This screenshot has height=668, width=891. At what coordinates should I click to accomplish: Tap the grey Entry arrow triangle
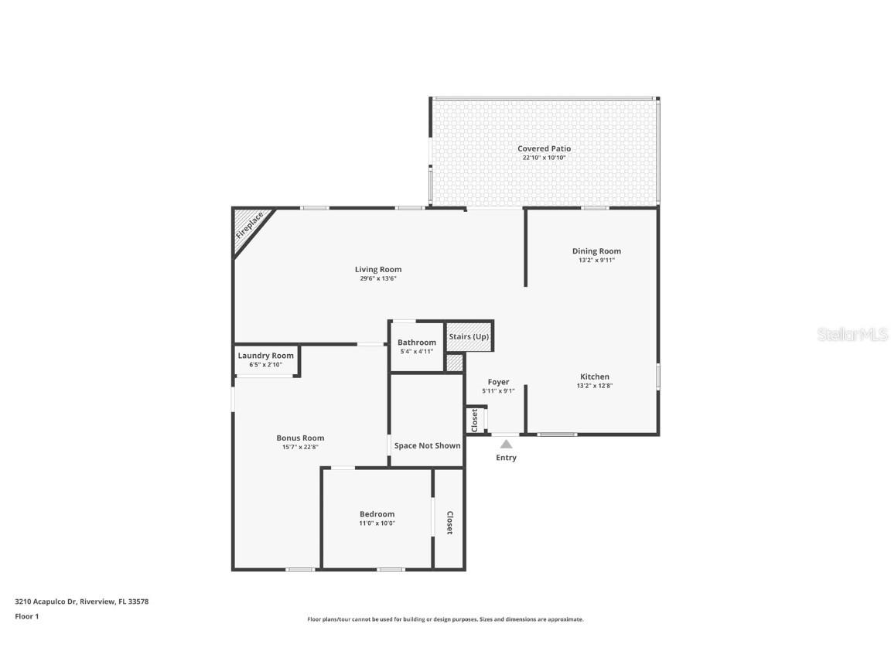click(x=506, y=445)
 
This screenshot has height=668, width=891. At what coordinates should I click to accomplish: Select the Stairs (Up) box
click(x=469, y=336)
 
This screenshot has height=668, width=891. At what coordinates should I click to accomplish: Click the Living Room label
click(x=378, y=269)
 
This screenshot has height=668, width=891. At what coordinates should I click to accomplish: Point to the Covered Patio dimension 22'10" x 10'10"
click(x=544, y=158)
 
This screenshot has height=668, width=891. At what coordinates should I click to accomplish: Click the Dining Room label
click(x=596, y=250)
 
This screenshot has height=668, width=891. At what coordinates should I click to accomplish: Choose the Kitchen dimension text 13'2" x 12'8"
click(x=595, y=386)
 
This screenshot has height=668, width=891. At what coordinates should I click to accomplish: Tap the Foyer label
click(x=498, y=382)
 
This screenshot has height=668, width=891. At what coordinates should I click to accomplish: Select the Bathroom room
click(x=416, y=346)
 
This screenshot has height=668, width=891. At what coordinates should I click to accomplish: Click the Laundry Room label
click(x=265, y=356)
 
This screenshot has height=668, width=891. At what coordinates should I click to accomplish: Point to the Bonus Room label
click(x=300, y=438)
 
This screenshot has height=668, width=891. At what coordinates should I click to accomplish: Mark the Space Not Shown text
click(x=427, y=445)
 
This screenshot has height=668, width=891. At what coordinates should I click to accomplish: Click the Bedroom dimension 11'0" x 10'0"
click(x=377, y=523)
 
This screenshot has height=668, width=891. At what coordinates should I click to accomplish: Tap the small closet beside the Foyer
click(x=474, y=420)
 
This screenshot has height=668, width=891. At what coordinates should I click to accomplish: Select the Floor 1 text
click(x=26, y=616)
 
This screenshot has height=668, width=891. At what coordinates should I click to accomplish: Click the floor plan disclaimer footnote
click(x=445, y=619)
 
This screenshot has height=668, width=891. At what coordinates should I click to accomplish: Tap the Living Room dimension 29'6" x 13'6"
click(x=378, y=278)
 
